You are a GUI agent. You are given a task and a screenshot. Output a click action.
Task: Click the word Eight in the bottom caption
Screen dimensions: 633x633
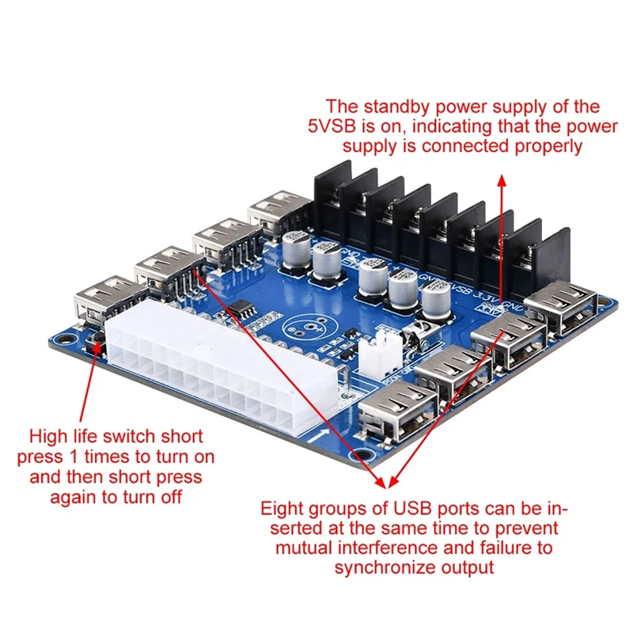click(x=282, y=508)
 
